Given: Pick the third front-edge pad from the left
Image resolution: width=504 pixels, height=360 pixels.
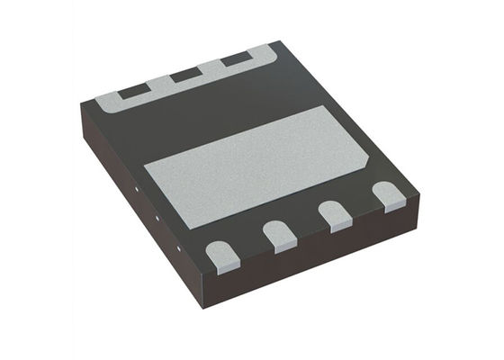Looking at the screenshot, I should pos(336,215).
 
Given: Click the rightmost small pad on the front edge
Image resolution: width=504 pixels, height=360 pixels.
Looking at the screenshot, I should pos(390,196).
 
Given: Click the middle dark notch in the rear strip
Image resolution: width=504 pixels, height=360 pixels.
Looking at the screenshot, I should pos(186,76).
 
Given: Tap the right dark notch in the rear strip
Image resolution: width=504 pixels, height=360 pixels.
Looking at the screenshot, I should pos(236,60).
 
